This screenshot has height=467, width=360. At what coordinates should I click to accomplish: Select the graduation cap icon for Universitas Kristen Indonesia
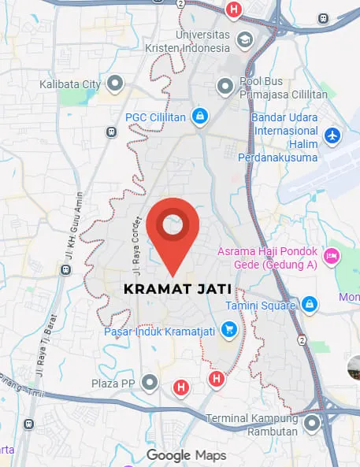244,39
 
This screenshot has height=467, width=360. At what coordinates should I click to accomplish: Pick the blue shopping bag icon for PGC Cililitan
201,117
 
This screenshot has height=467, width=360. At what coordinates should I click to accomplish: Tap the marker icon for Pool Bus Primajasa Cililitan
225,85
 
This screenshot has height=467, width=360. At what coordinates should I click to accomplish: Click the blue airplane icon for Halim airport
333,135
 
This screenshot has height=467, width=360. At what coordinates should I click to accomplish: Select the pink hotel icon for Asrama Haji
332,255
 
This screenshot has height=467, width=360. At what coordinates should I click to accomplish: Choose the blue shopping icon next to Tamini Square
310,304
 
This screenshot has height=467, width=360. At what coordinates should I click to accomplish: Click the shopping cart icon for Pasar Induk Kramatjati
229,328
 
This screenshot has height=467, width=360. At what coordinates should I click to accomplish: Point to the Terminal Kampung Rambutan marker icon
313,424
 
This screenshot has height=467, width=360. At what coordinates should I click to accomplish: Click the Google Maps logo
186,455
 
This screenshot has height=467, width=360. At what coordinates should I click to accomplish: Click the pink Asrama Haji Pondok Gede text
267,258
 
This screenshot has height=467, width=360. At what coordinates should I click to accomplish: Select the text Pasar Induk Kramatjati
161,331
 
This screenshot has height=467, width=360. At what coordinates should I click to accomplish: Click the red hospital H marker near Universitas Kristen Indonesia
233,9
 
